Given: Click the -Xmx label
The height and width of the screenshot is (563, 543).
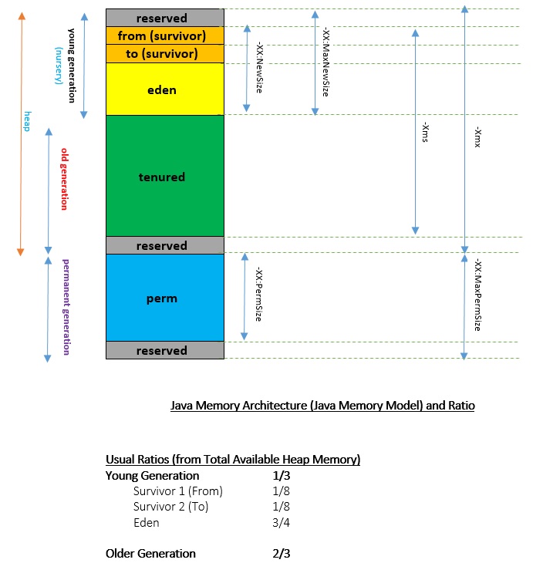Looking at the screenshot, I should (478, 137).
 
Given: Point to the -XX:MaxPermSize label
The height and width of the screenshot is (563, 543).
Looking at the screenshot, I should (478, 295).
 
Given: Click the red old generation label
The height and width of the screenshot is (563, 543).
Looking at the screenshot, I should (65, 178).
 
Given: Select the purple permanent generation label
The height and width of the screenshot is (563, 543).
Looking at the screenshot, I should (66, 306).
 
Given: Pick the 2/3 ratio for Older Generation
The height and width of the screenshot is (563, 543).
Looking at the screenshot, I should (279, 553).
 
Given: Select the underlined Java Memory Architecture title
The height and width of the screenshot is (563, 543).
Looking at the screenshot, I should (322, 406).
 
